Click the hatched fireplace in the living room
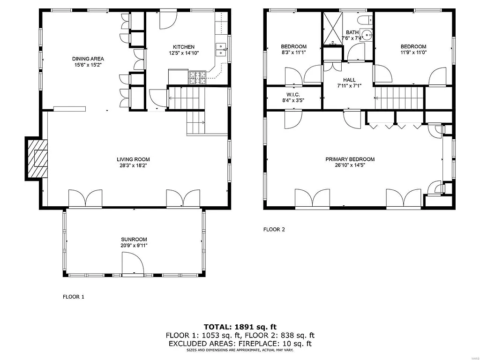(x=37, y=159)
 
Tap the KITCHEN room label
(x=183, y=47)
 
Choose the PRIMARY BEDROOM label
(x=350, y=159)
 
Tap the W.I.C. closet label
(x=293, y=94)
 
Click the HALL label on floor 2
(x=349, y=80)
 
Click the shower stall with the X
(x=332, y=28)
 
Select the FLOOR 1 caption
(x=74, y=297)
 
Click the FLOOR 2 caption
(x=274, y=230)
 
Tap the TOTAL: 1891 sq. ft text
(x=240, y=327)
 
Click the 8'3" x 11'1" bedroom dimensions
(x=293, y=52)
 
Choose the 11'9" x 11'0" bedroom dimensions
(x=413, y=52)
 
